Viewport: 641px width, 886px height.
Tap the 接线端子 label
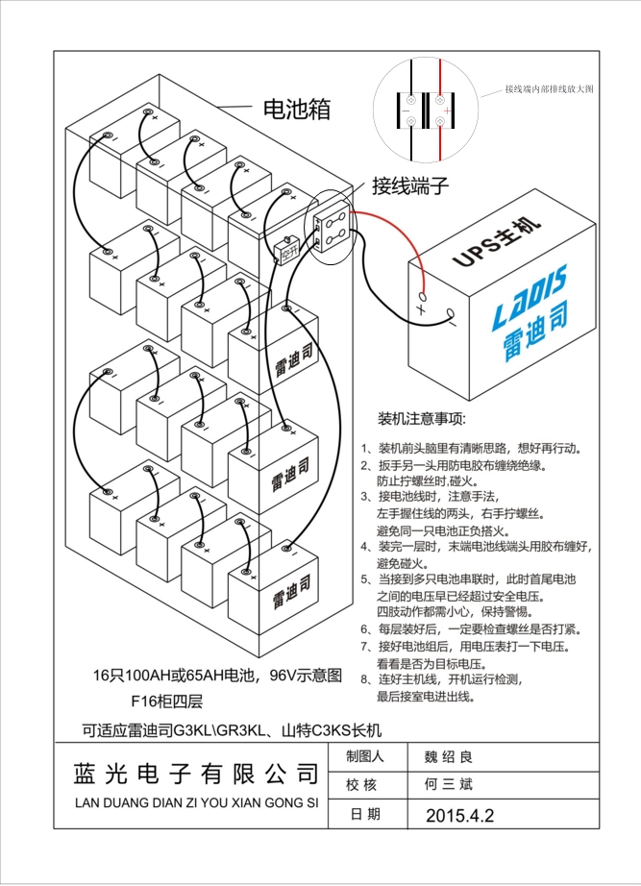pos(410,185)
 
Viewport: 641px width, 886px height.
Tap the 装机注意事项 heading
pos(421,420)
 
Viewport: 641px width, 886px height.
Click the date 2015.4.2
pos(458,815)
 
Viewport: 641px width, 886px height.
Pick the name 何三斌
pos(450,784)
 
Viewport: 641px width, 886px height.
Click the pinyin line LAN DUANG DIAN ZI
pos(195,800)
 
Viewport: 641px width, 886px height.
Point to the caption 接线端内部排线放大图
pos(549,88)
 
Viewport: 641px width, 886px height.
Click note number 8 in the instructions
pos(365,678)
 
